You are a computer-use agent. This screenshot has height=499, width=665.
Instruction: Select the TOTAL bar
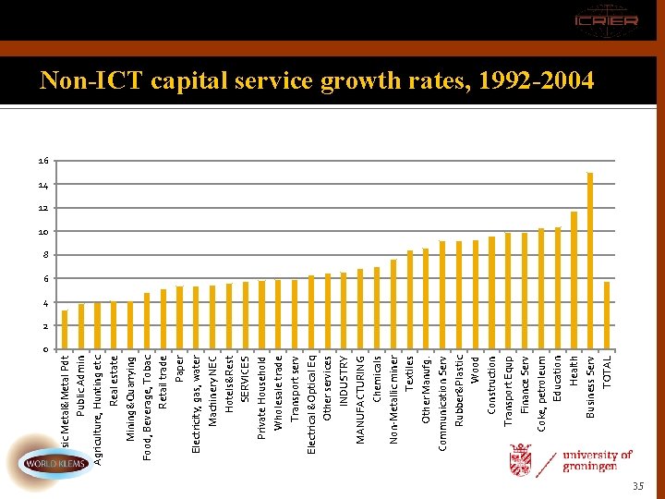pos(607,315)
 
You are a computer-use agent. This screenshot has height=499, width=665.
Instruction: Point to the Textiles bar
pos(409,299)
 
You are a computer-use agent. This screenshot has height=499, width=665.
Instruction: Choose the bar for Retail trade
pos(163,319)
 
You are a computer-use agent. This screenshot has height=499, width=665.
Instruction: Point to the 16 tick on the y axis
pos(44,161)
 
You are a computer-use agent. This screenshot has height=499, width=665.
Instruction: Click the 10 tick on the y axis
pos(44,232)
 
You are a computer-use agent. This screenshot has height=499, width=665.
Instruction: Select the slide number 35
pos(636,485)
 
